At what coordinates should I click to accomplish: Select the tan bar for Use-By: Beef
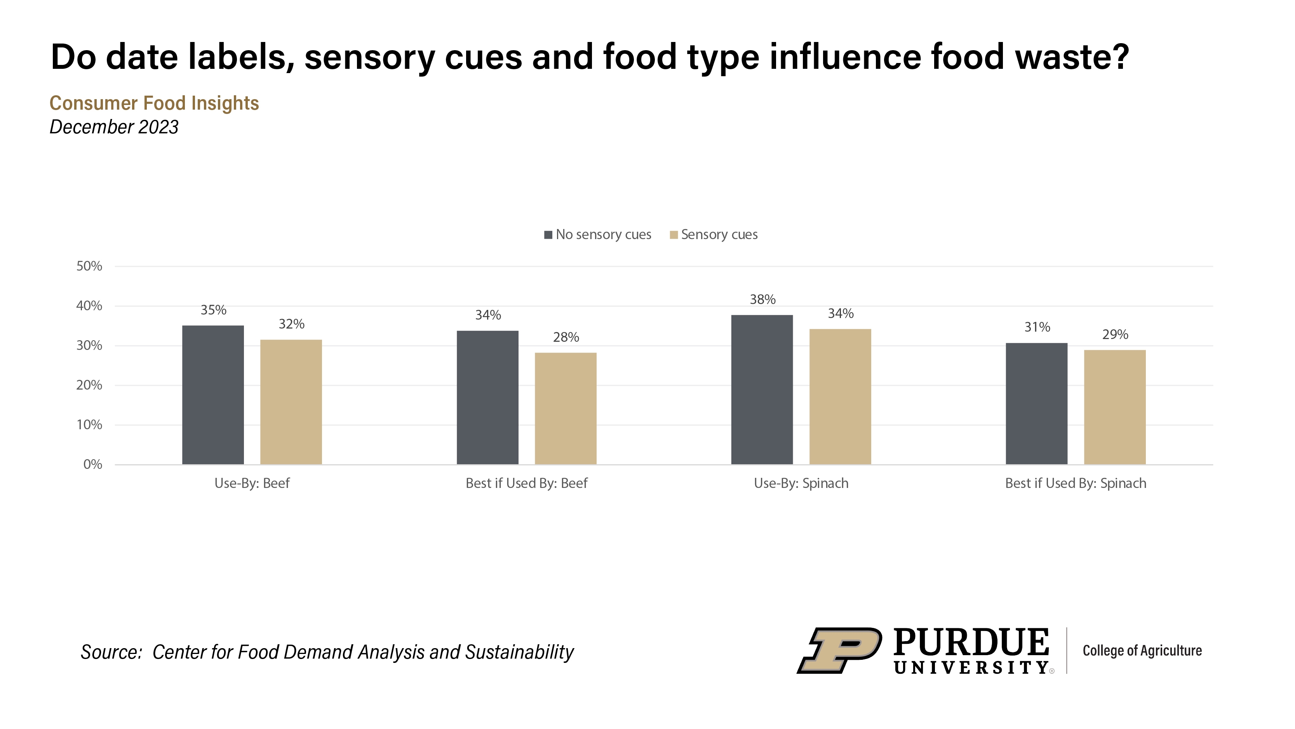click(x=291, y=402)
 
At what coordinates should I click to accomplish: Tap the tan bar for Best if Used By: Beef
click(x=566, y=409)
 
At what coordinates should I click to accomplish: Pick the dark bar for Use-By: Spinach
click(x=762, y=390)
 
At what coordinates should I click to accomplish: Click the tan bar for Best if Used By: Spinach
click(x=1114, y=407)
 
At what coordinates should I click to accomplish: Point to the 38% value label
click(x=762, y=300)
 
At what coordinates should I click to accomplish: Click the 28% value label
click(x=566, y=337)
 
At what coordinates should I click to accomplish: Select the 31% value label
click(x=1037, y=327)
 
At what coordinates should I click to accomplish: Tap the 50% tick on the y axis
click(x=89, y=266)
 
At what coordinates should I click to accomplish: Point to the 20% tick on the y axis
click(x=89, y=385)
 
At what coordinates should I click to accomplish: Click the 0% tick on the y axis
click(x=92, y=464)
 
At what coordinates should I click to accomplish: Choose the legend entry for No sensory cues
click(x=598, y=235)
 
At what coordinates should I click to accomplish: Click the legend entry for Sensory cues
click(x=714, y=235)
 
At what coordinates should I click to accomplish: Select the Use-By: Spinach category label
click(x=801, y=484)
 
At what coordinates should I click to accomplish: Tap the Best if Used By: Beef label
click(x=526, y=484)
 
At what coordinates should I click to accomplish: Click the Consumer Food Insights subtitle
click(x=154, y=103)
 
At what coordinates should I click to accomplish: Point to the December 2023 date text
click(x=114, y=127)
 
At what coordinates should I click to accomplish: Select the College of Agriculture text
click(x=1142, y=650)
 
